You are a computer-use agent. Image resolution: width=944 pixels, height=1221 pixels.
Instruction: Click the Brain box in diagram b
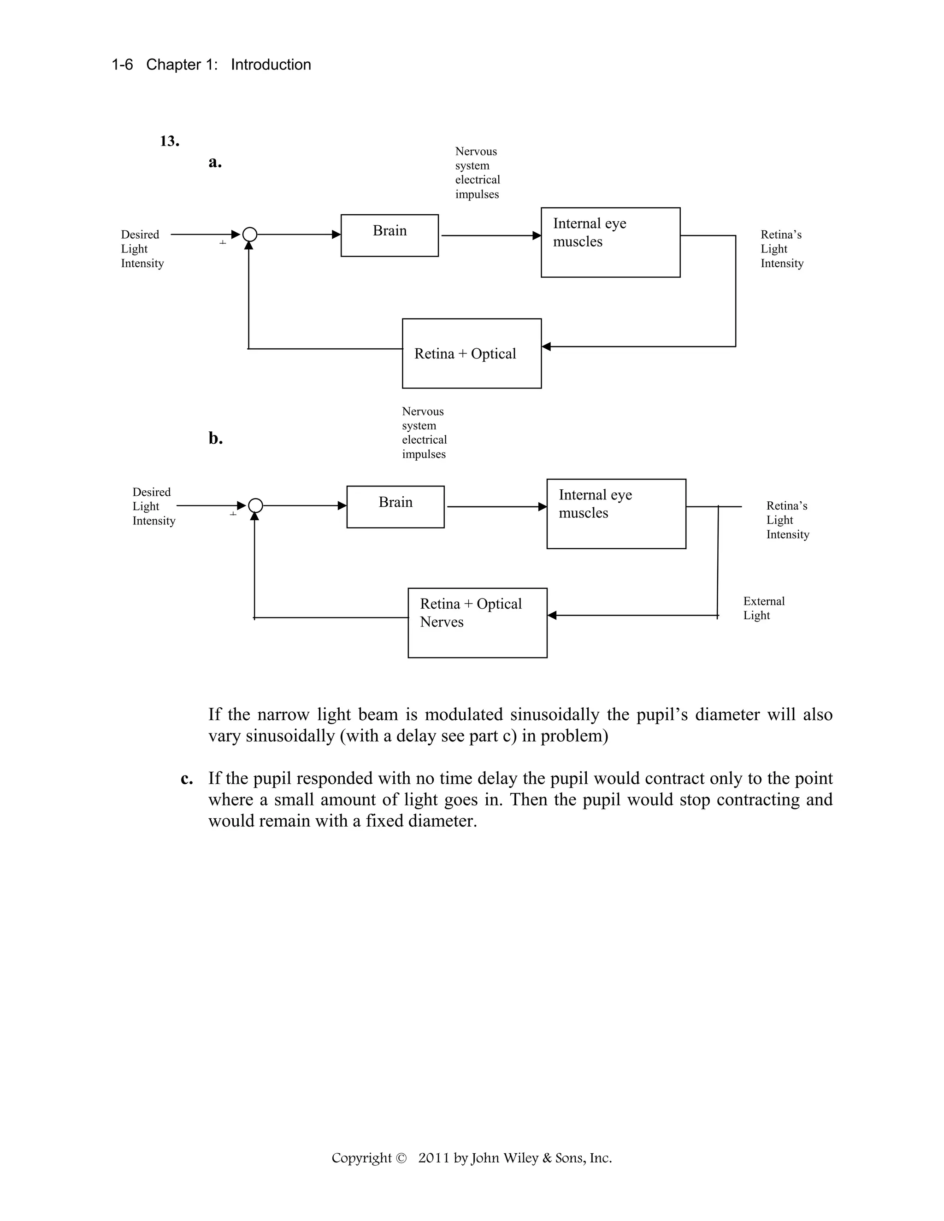[395, 506]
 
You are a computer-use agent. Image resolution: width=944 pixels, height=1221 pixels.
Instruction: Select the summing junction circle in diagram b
[255, 506]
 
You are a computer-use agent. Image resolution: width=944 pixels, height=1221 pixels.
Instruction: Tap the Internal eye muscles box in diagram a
[610, 242]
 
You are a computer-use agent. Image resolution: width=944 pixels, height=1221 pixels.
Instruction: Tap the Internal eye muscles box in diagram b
[616, 513]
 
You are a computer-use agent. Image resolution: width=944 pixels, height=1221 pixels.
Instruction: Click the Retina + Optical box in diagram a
[472, 353]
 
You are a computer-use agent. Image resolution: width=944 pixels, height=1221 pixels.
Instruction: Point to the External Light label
[763, 608]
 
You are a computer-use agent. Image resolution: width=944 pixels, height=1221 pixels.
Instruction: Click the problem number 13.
[170, 141]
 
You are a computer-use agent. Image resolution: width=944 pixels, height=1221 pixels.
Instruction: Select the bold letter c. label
[187, 779]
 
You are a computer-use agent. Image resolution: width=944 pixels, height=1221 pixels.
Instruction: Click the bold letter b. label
[215, 438]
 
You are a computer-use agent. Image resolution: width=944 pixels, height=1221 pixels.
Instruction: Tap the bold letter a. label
[215, 162]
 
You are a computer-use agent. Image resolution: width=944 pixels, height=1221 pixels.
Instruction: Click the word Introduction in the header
[271, 65]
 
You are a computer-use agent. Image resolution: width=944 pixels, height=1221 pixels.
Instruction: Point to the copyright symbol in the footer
[401, 1158]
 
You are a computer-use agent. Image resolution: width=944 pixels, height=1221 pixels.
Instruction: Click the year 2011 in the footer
[433, 1158]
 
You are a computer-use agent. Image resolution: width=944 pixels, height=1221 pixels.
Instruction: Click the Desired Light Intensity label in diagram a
[142, 249]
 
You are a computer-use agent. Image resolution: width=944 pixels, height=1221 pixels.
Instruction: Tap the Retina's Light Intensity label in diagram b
[787, 520]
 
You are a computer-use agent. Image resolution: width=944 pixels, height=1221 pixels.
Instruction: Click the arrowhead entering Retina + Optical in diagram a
[546, 346]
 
